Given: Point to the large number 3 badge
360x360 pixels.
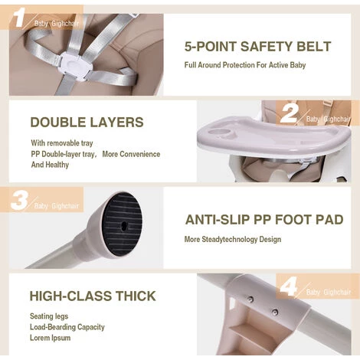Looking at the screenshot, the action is coord(19,201).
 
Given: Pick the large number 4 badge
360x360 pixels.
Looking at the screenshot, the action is coord(289,286).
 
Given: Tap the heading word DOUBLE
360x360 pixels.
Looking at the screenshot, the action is coord(58,122).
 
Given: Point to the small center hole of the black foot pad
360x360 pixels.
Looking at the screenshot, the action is coord(124,225).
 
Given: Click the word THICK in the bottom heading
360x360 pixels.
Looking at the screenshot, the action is coord(136,296).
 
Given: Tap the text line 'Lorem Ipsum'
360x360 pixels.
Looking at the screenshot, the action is coord(50,338).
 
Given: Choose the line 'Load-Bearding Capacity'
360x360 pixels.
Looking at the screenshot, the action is coord(67,327).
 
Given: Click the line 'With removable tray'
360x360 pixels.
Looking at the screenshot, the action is coord(62,143).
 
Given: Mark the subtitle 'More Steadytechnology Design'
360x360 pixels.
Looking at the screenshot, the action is coord(233,240).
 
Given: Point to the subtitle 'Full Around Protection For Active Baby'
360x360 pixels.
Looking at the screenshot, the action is coord(245,65).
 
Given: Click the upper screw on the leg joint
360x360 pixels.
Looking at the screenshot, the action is coord(251,299).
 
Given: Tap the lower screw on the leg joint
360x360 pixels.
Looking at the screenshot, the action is coord(275,312).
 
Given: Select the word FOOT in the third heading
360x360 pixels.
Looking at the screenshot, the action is coord(293,220).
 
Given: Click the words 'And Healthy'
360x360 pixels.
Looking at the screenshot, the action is coord(50,165).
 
